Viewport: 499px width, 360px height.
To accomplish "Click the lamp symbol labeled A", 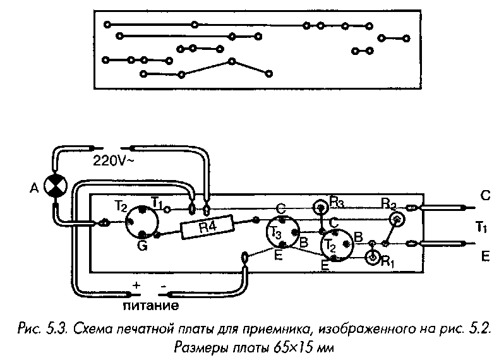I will [56, 187].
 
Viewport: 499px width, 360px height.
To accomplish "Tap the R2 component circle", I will [396, 219].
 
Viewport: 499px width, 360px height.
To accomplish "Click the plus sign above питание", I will [135, 285].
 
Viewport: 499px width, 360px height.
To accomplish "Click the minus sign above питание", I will [164, 285].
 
